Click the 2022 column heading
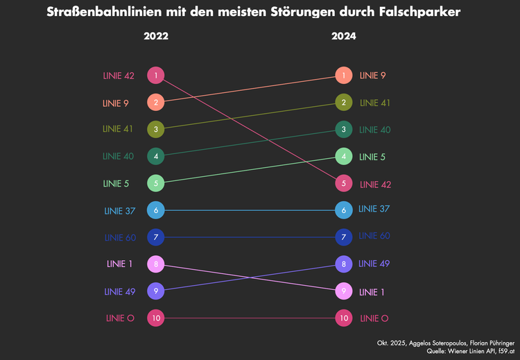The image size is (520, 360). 156,36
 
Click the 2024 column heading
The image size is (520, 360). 343,36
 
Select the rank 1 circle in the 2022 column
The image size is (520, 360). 156,75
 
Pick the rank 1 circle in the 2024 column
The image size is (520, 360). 343,75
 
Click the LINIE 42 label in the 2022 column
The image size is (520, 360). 119,76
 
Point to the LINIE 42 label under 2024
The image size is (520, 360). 376,185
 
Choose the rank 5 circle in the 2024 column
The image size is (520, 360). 343,183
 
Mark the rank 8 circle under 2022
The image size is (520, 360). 156,264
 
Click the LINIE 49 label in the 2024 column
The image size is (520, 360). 375,264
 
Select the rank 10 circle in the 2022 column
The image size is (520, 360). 156,318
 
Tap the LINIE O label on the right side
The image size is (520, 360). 374,318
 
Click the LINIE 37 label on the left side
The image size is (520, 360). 120,211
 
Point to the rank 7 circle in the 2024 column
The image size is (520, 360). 343,237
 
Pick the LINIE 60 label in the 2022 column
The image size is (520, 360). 120,238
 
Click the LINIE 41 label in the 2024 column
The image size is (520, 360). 375,103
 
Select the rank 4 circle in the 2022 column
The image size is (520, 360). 156,156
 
